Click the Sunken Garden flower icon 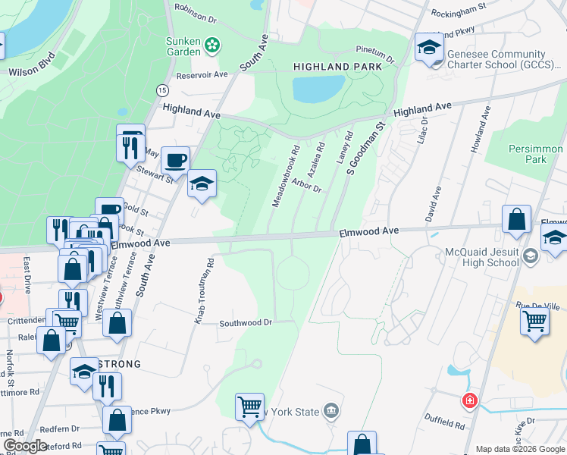(x=213, y=45)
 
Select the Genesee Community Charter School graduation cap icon (x=428, y=49)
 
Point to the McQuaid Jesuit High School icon (x=530, y=258)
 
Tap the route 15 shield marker (x=162, y=90)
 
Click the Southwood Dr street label (x=245, y=322)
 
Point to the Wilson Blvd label (x=32, y=64)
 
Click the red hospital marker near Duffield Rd (x=470, y=400)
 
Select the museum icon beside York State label (x=330, y=412)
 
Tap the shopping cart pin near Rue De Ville (x=534, y=321)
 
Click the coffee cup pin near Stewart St (x=175, y=160)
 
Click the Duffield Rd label (x=443, y=424)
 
